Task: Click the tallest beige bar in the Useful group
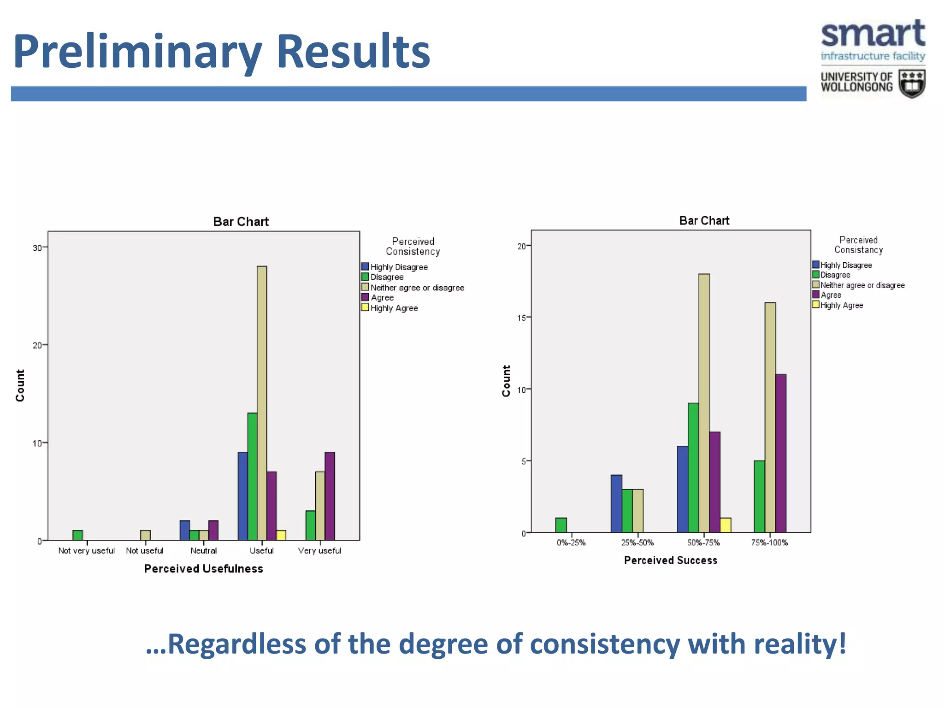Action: pos(262,403)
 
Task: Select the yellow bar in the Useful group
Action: pos(281,535)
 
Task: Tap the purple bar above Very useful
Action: pos(330,496)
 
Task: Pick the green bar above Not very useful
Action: pos(78,535)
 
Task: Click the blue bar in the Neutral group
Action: pos(184,530)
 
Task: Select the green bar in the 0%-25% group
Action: pos(561,525)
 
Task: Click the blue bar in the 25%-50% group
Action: pos(616,503)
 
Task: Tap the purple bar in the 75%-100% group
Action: pos(781,453)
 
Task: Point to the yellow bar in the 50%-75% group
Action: pos(726,525)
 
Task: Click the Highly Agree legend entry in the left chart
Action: pos(394,308)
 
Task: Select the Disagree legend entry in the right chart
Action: pos(835,275)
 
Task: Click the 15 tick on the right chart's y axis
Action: pos(522,318)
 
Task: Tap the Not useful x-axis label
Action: pos(145,551)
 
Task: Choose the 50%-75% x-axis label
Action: pos(703,543)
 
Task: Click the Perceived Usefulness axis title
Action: pos(203,569)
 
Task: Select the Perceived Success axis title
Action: pos(671,560)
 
